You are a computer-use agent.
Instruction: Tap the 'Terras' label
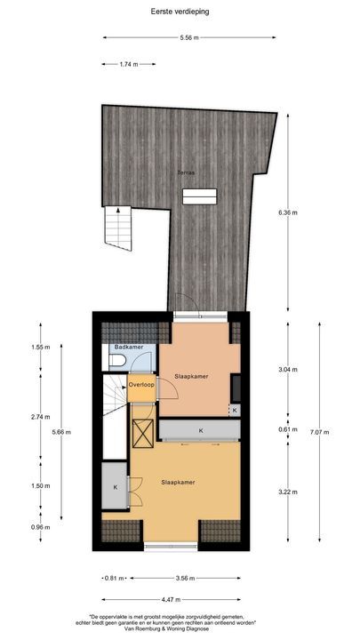click(186, 172)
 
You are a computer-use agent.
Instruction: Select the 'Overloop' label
click(141, 385)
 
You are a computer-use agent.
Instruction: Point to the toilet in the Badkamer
click(119, 360)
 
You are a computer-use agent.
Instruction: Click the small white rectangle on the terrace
click(207, 195)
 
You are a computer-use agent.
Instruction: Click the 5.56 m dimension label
click(188, 38)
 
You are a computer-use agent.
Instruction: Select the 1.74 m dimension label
click(129, 65)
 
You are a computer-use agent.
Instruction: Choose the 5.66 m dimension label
click(61, 432)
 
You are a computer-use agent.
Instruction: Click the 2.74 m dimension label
click(38, 416)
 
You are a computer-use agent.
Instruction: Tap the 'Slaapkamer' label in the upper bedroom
click(191, 376)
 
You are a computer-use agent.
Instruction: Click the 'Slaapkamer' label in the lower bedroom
click(178, 483)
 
